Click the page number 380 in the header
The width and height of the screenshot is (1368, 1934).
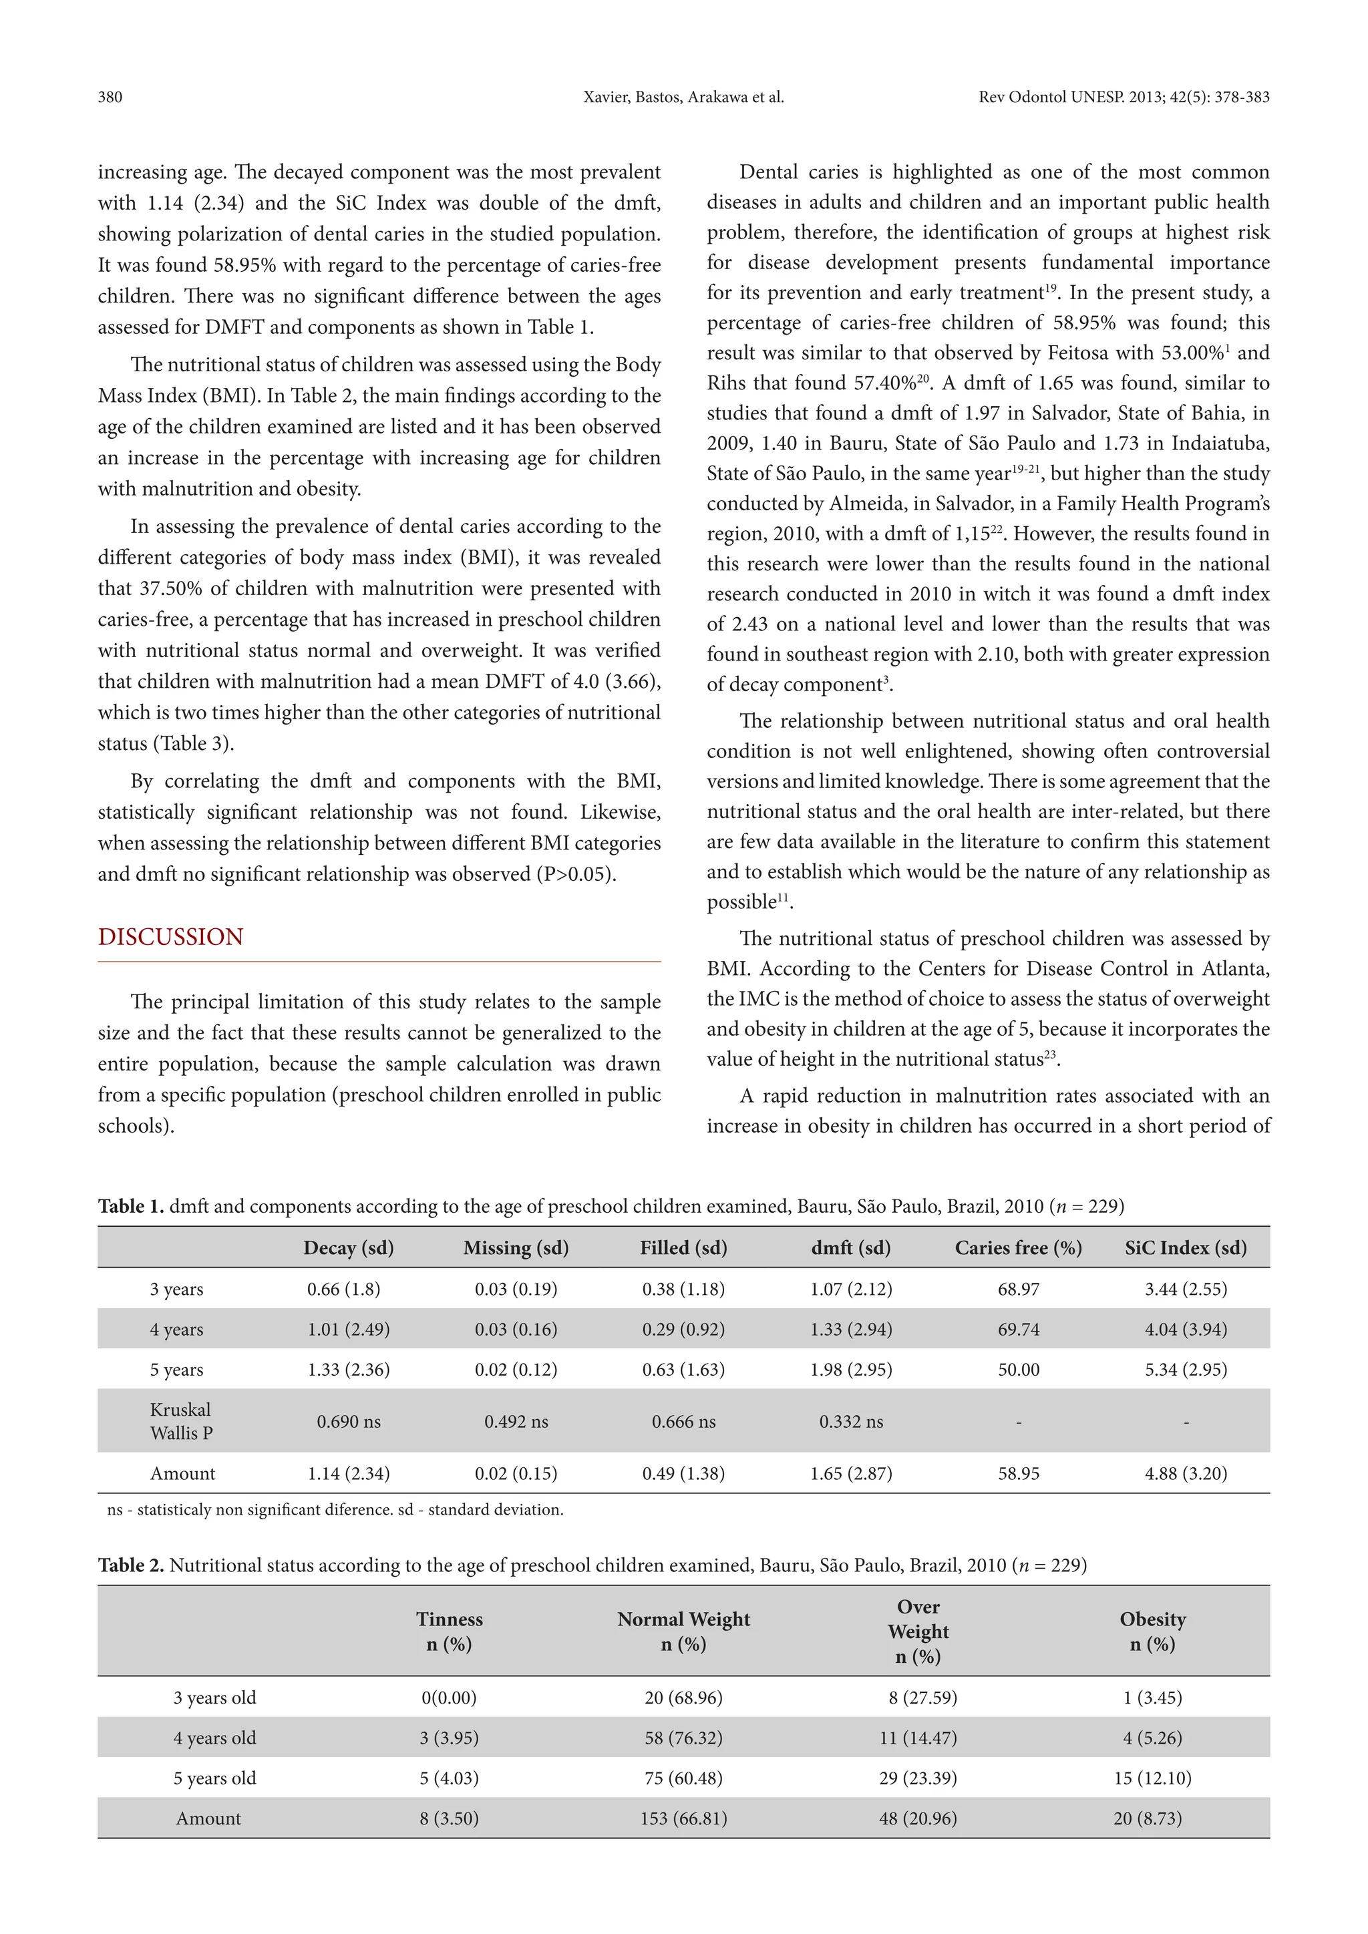pyautogui.click(x=110, y=97)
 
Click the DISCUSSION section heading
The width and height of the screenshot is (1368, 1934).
pyautogui.click(x=170, y=938)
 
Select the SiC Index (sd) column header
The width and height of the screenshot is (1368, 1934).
pyautogui.click(x=1185, y=1247)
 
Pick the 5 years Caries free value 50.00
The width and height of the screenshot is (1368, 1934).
pyautogui.click(x=1019, y=1370)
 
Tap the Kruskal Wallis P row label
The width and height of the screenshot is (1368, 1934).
pyautogui.click(x=181, y=1422)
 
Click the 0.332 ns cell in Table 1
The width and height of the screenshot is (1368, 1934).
pyautogui.click(x=851, y=1422)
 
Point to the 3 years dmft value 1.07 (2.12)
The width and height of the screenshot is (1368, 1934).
pyautogui.click(x=851, y=1289)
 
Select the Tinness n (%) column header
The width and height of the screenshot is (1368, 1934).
pyautogui.click(x=449, y=1631)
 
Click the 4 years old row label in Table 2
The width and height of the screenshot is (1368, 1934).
pyautogui.click(x=215, y=1738)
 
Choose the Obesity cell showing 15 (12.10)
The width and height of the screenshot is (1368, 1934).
pyautogui.click(x=1152, y=1778)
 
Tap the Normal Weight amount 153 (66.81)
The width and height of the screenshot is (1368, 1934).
pyautogui.click(x=683, y=1818)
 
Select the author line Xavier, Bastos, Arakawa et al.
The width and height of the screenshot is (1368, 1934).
pyautogui.click(x=683, y=97)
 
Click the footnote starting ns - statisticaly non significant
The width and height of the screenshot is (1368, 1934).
pyautogui.click(x=335, y=1509)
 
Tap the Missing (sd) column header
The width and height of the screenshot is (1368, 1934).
pyautogui.click(x=516, y=1247)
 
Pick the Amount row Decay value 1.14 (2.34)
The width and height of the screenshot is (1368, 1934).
pyautogui.click(x=348, y=1473)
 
